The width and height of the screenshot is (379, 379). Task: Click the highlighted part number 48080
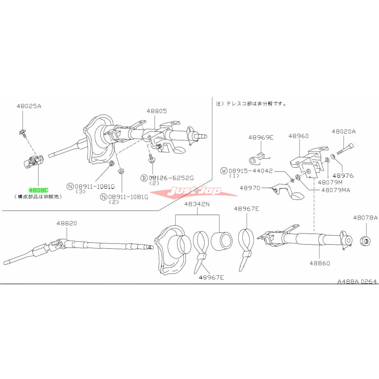tap(38, 189)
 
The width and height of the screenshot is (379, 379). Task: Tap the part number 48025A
tap(29, 106)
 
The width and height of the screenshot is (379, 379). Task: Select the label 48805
tap(156, 111)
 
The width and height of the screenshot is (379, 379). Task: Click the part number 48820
tap(67, 224)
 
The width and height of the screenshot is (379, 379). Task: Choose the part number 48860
tap(319, 264)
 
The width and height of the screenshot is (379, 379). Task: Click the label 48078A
tap(365, 218)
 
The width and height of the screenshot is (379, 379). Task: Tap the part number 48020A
tap(343, 131)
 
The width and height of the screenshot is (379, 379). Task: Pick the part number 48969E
tap(261, 137)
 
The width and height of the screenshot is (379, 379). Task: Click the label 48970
tap(250, 188)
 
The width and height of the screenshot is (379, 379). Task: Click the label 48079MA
tap(336, 190)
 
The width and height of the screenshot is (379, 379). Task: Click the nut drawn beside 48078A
tap(365, 241)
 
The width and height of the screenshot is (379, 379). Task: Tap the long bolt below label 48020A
tap(345, 151)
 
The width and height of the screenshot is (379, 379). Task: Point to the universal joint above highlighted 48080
tap(34, 162)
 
